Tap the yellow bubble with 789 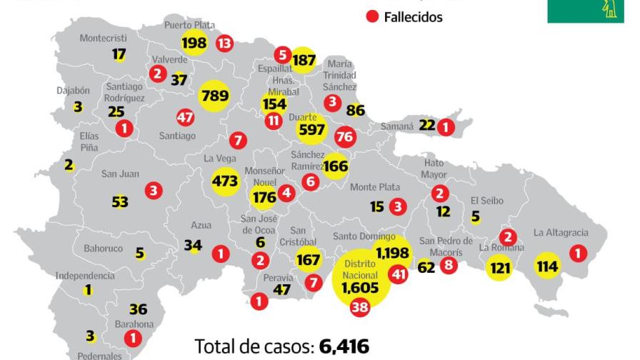(214, 96)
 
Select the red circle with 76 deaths (345, 136)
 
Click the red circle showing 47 (185, 118)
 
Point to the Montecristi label (103, 38)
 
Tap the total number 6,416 (344, 346)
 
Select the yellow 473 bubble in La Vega (224, 181)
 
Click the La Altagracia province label (561, 232)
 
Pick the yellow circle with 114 (548, 266)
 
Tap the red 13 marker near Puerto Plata (224, 44)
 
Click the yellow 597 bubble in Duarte (311, 129)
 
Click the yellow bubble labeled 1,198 (392, 251)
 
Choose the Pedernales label (100, 355)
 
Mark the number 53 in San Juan (120, 202)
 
